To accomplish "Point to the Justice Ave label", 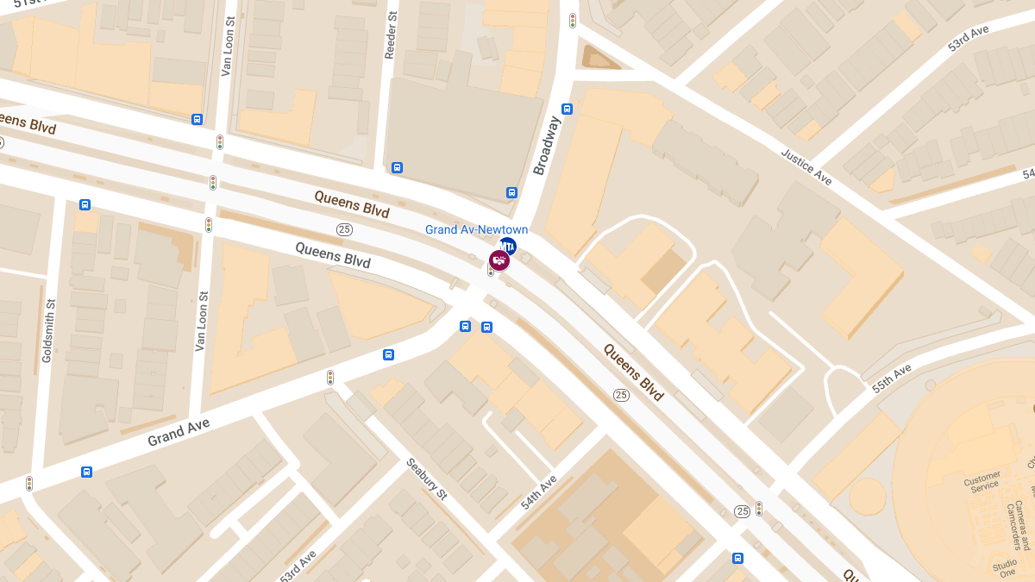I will coord(806,167).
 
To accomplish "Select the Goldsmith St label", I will coord(49,331).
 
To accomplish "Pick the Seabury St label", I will coord(427,480).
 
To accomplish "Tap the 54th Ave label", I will coord(539,491).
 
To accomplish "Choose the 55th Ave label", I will coord(891,379).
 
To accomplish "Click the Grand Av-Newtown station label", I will coord(476,229).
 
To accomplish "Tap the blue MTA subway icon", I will coord(507,247).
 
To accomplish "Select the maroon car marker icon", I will coord(499,260).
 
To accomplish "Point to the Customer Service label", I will coord(982,481).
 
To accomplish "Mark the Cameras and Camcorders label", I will coord(1023,526).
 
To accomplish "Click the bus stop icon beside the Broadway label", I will coord(567,109).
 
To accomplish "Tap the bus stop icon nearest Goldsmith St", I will coord(85,204).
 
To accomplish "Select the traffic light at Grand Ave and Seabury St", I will coord(329,377).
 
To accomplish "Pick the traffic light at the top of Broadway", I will coord(572,20).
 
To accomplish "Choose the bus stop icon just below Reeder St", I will coord(397,167).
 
